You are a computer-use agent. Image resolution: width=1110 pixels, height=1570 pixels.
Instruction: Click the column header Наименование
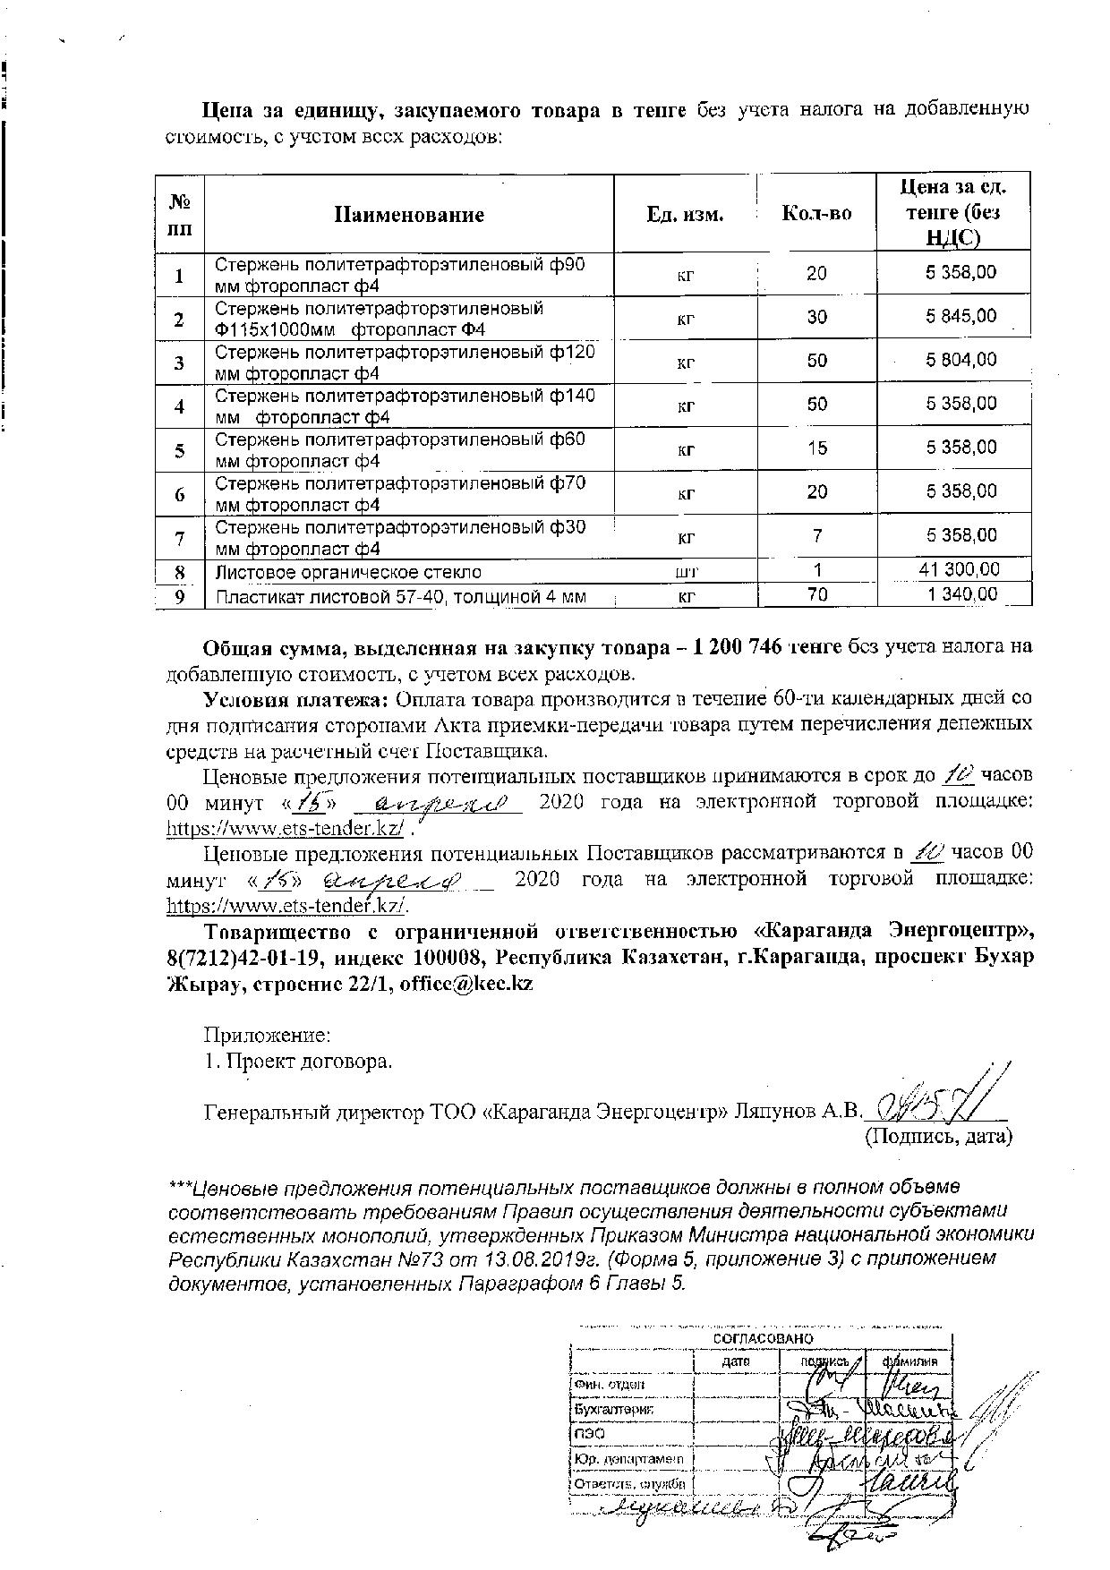409,215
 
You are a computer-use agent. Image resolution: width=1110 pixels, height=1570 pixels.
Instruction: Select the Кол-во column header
816,214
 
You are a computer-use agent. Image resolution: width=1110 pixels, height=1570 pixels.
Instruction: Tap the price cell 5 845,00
961,316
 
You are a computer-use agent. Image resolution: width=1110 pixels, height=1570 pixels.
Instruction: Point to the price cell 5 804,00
961,360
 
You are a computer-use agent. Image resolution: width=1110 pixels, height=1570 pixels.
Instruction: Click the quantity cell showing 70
816,594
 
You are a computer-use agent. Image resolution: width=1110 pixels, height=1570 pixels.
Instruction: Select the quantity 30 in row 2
816,317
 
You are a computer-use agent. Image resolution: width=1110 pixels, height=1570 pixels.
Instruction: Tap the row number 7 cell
180,538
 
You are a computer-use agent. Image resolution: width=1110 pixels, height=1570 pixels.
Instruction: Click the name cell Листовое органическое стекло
348,572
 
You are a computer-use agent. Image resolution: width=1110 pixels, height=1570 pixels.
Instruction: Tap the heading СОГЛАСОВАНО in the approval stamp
763,1337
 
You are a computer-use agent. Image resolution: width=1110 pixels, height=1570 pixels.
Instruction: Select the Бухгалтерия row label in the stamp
614,1409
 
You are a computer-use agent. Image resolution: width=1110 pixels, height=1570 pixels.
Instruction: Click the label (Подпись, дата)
936,1137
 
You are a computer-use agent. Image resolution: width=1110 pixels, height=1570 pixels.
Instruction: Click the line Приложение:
268,1036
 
